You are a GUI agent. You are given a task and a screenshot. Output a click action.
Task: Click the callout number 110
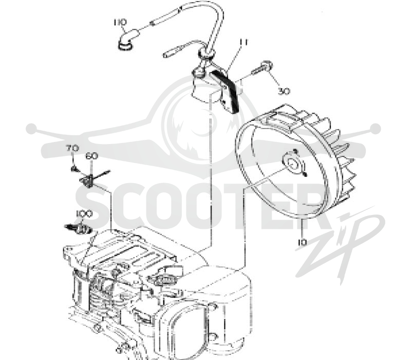[120, 22]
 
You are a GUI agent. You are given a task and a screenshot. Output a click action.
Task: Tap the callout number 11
[244, 42]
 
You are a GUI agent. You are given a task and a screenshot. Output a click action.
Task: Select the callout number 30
[284, 91]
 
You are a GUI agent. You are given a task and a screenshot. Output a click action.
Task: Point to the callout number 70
[72, 148]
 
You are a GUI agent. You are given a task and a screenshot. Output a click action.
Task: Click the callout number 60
[92, 156]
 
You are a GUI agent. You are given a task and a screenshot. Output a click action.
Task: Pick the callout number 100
[84, 214]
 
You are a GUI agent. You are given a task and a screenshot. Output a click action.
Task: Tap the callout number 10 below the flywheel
[302, 242]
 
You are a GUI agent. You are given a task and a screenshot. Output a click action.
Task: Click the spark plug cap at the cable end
[127, 40]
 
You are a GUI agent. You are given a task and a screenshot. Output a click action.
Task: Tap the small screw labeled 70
[74, 169]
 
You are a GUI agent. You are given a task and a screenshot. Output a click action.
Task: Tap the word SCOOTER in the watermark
[199, 207]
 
